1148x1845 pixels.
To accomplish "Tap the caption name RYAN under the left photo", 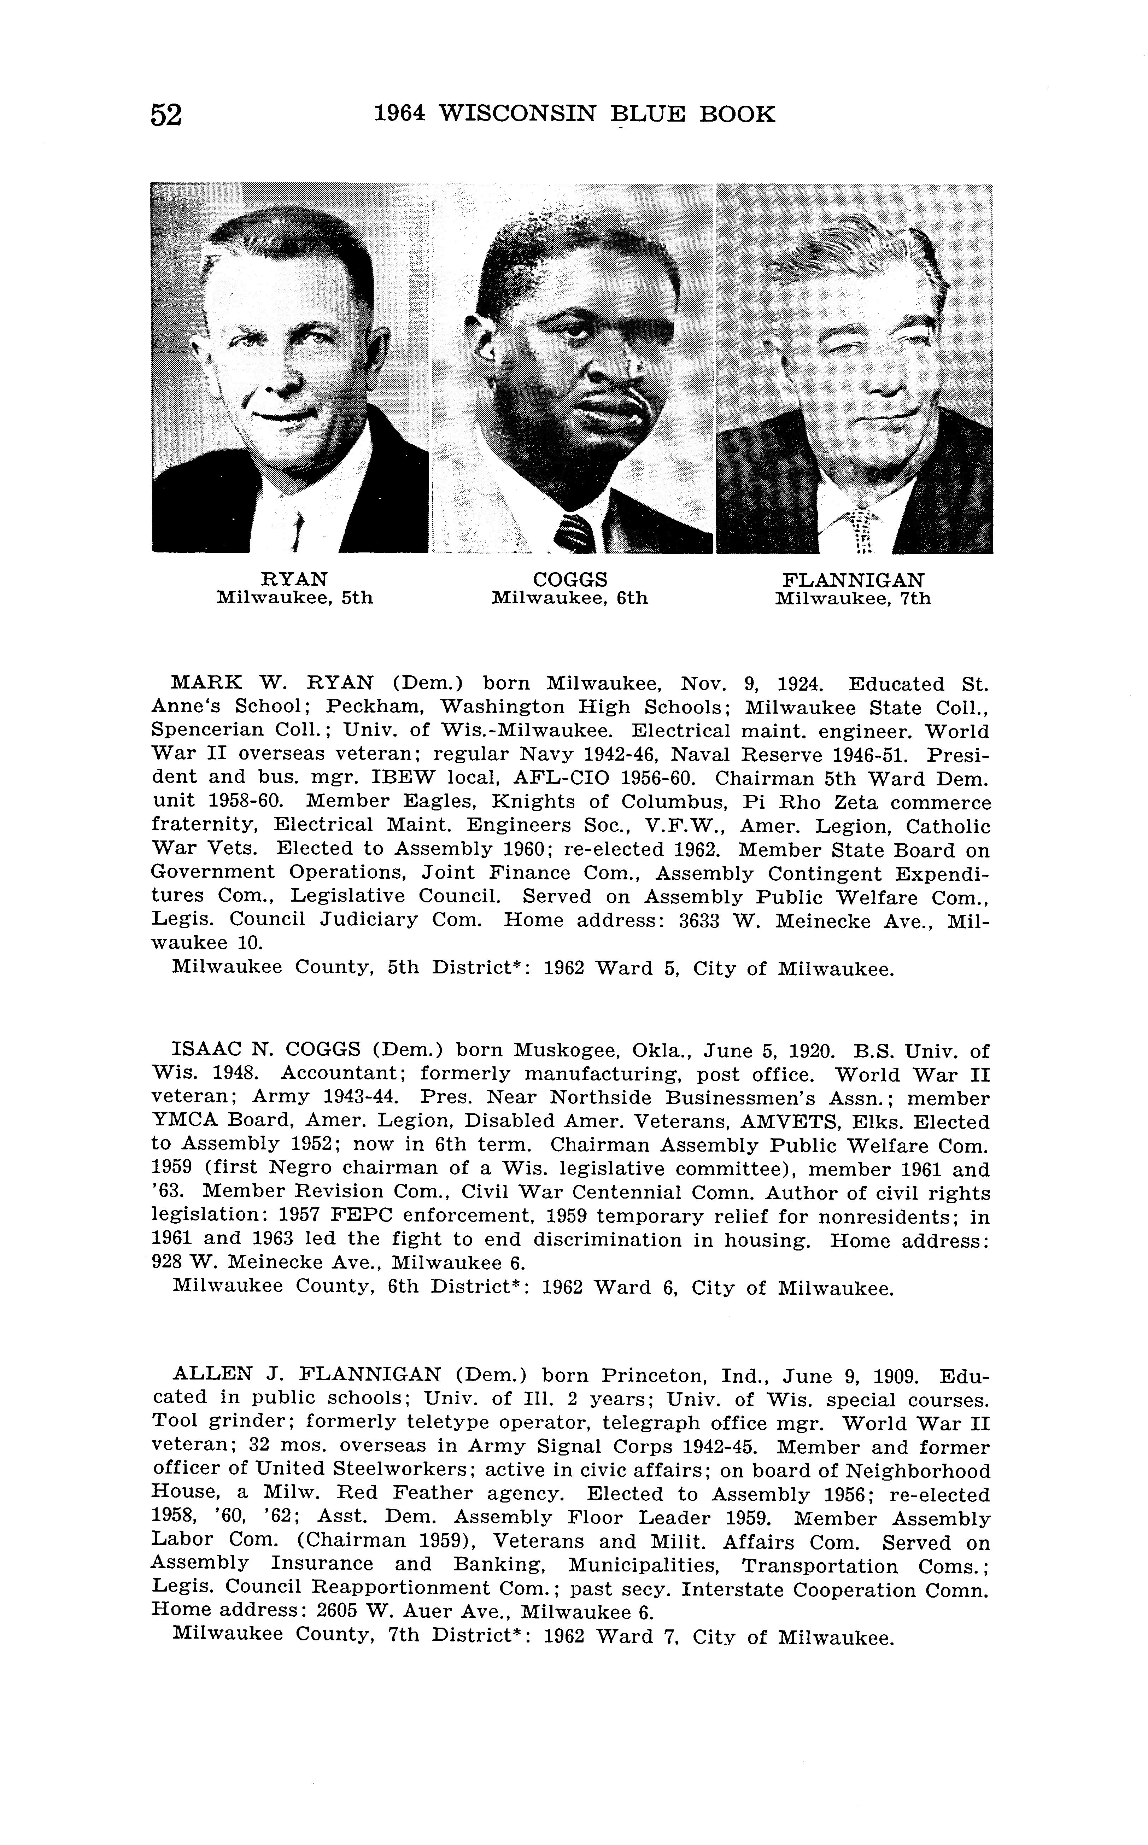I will point(294,580).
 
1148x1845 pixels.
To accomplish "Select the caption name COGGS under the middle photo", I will point(570,580).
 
